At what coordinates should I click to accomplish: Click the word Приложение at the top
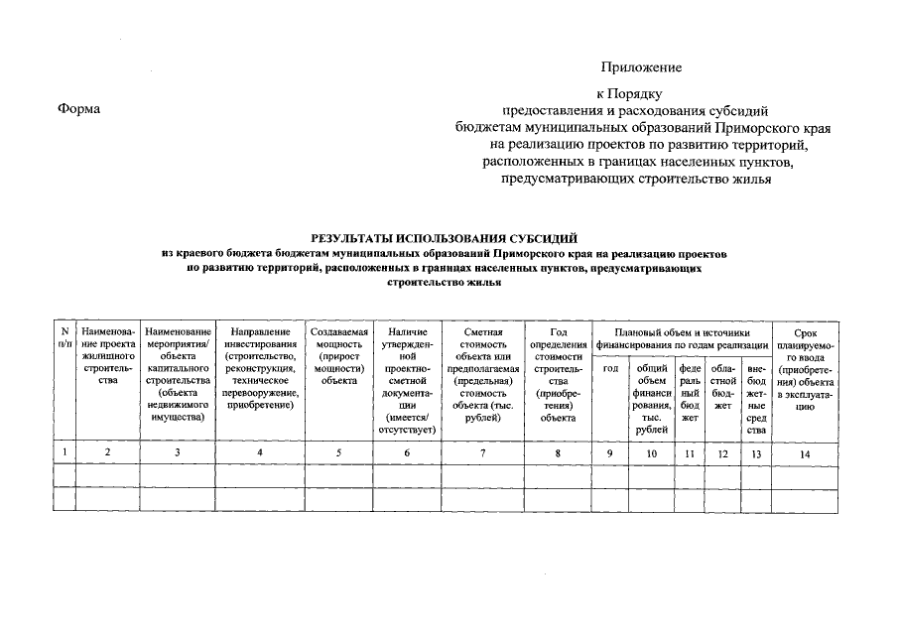point(641,67)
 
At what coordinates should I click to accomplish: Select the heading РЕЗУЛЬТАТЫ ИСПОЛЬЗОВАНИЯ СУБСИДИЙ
point(444,239)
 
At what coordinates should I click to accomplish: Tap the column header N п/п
point(64,336)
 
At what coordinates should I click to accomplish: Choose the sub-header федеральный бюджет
point(690,393)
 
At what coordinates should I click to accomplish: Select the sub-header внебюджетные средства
point(756,399)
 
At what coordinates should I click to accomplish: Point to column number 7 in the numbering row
point(482,453)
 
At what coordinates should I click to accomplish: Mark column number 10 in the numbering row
point(651,453)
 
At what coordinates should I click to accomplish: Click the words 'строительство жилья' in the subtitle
point(444,282)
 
